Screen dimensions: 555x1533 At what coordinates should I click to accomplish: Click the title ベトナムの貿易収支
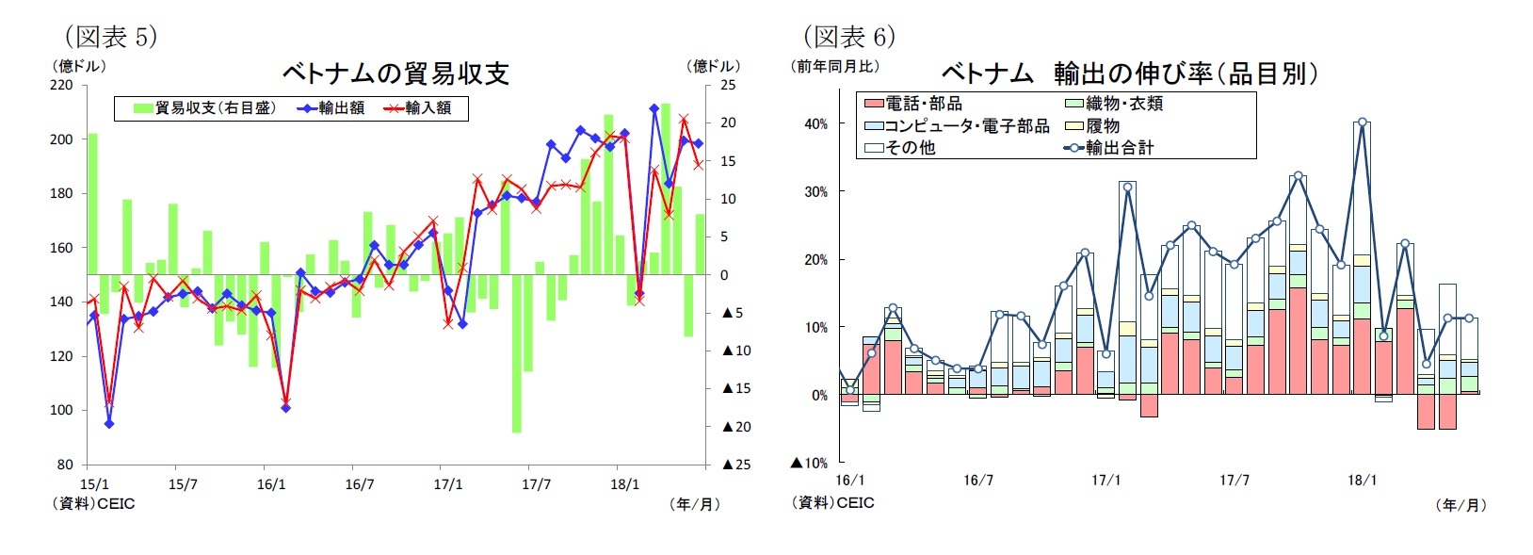pos(395,73)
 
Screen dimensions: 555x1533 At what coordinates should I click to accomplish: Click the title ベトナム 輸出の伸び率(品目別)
pos(1129,73)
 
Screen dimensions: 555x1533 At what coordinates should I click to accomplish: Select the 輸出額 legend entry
pos(331,108)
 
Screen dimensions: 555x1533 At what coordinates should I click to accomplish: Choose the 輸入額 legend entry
pos(418,108)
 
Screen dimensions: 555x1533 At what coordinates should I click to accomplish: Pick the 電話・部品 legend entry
pos(913,104)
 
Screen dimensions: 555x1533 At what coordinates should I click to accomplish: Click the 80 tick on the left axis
pos(64,465)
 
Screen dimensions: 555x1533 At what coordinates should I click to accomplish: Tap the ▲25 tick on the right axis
pos(736,465)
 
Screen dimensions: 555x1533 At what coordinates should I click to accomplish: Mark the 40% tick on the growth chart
pos(815,124)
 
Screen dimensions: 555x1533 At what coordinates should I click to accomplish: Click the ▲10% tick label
pos(809,463)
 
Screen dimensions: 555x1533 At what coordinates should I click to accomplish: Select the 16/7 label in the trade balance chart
pos(359,484)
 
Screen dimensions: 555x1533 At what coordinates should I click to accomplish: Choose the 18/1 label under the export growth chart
pos(1362,481)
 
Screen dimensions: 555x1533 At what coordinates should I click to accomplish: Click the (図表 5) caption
pos(110,37)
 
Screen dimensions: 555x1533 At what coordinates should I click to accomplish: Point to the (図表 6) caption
pos(849,37)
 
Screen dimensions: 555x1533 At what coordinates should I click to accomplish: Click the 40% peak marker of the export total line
pos(1362,122)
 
